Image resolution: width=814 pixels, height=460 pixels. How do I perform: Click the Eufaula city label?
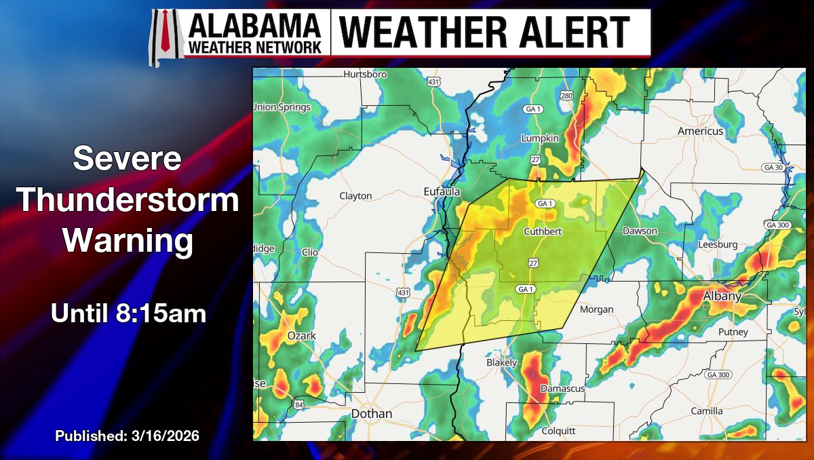point(442,191)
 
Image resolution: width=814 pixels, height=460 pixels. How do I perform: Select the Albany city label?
point(721,296)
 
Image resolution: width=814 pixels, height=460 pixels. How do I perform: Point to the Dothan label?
point(371,413)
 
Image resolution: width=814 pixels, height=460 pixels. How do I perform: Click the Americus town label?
point(701,130)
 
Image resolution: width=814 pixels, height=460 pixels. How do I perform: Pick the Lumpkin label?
point(539,138)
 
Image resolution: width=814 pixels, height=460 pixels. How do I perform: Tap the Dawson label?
point(640,231)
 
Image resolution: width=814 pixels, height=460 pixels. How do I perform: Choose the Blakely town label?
point(502,362)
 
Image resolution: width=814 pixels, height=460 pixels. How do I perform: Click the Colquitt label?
point(558,431)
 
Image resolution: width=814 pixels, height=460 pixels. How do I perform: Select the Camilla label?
point(706,411)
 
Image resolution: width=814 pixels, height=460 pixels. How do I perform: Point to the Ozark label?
point(301,336)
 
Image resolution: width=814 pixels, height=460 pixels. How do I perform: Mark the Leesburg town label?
point(718,244)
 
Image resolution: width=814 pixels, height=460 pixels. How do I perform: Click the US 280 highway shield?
point(566,96)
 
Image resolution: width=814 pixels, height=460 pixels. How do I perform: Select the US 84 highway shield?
point(299,405)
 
